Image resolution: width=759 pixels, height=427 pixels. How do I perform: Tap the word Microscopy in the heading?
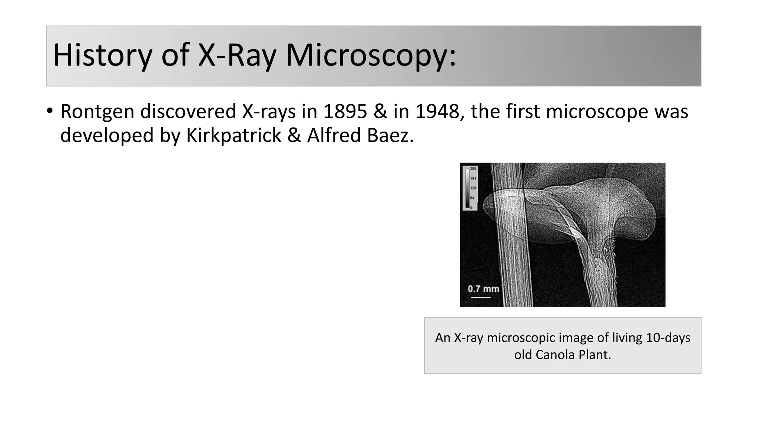[x=371, y=55]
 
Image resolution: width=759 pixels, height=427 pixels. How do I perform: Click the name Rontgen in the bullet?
[x=97, y=112]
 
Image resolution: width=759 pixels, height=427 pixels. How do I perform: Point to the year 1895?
[x=345, y=112]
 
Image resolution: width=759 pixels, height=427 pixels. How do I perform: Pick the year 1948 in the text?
[x=437, y=112]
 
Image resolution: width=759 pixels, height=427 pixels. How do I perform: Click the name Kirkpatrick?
[x=233, y=135]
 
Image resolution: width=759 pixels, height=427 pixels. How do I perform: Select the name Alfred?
[x=333, y=135]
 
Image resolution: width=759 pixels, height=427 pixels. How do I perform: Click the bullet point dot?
[x=50, y=111]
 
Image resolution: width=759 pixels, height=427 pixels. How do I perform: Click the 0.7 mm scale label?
[x=483, y=289]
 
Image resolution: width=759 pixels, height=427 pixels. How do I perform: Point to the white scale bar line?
[x=481, y=297]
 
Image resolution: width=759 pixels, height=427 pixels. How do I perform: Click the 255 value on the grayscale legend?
[x=473, y=169]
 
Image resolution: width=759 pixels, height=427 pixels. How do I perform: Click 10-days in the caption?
[x=668, y=338]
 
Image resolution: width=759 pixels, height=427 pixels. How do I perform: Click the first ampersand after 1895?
[x=380, y=112]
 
